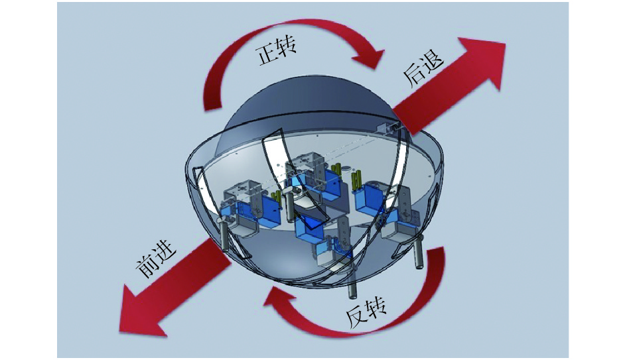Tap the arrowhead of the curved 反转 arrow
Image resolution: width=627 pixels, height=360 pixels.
point(279,302)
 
